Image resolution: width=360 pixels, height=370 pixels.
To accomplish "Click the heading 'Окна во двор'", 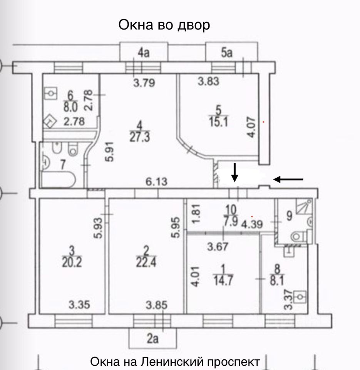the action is pos(164,25).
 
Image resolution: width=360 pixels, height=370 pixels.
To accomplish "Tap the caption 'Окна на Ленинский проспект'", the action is pos(175,362).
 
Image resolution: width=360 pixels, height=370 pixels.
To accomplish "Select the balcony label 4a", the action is pos(144,53).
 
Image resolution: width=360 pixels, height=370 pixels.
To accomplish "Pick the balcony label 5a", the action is pos(227,53).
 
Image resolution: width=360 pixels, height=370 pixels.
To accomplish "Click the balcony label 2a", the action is pos(153,339).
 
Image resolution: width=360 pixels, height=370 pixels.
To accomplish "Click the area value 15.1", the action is pos(218,121).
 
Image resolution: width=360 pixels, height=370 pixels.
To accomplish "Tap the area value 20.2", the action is pos(73,262).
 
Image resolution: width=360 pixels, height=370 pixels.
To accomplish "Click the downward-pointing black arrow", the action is pos(234,172).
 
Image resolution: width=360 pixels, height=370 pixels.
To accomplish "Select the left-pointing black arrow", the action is pos(288,179).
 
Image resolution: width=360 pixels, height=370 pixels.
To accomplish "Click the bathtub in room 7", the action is pos(58,180).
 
